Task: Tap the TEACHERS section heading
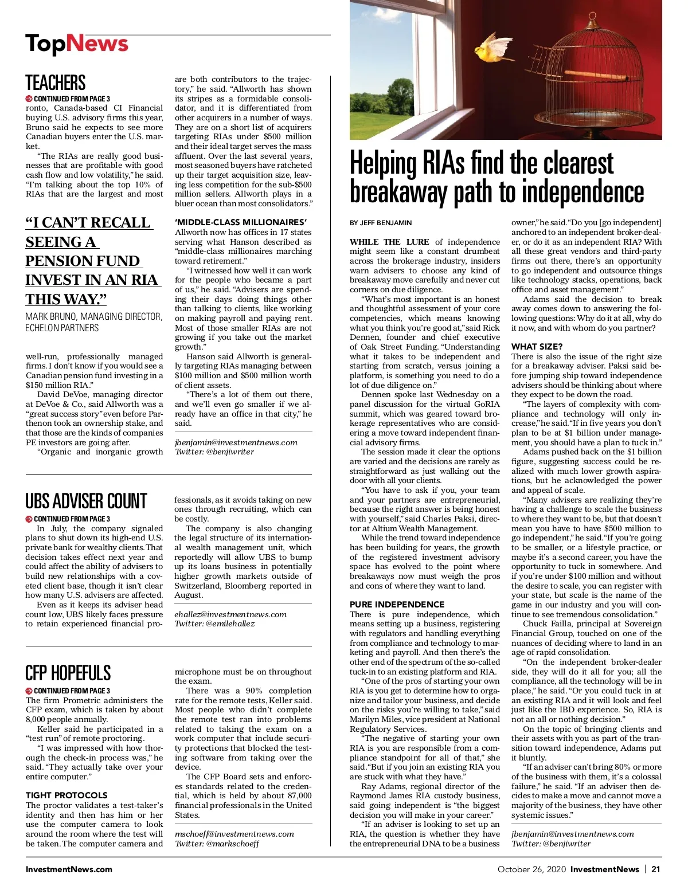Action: click(55, 83)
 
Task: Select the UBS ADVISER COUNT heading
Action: click(86, 501)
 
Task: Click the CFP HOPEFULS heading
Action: click(68, 673)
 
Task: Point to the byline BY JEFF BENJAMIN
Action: click(381, 223)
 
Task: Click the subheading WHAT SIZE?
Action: click(537, 347)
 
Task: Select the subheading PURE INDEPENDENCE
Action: click(397, 604)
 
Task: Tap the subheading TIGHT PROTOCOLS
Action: click(67, 795)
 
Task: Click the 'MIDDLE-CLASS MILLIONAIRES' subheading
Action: click(241, 222)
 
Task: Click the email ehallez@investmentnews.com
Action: click(230, 614)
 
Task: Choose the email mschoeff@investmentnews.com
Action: click(234, 834)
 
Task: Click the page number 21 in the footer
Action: click(655, 869)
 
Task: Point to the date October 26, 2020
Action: click(531, 869)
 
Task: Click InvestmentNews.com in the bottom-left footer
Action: click(69, 869)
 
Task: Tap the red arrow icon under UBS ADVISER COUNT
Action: click(29, 519)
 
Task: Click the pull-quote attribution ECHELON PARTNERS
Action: click(62, 328)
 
